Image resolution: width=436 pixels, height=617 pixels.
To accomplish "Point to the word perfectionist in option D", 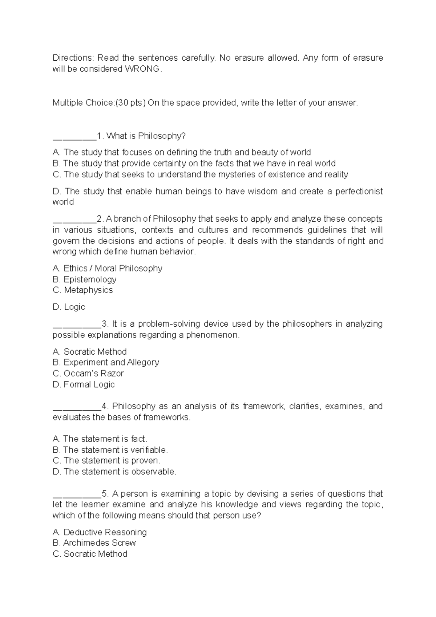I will coord(359,191).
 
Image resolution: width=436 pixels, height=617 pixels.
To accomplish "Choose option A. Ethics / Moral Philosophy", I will coord(107,269).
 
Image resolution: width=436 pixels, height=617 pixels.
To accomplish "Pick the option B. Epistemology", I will coord(84,279).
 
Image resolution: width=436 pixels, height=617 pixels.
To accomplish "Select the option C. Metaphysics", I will coord(82,290).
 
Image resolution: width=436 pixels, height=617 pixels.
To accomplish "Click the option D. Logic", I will coord(69,307).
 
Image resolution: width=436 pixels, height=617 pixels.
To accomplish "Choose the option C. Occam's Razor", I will coord(88,374).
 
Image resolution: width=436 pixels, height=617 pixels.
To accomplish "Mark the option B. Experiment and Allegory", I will coord(106,362).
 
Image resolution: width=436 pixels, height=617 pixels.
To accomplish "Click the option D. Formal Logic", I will coord(84,384).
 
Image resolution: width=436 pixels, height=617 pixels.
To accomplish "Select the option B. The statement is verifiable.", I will coord(110,450).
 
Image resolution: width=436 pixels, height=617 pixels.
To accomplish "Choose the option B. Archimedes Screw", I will coord(94,543).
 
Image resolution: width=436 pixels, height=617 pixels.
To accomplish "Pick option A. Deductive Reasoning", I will coord(100,532).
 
